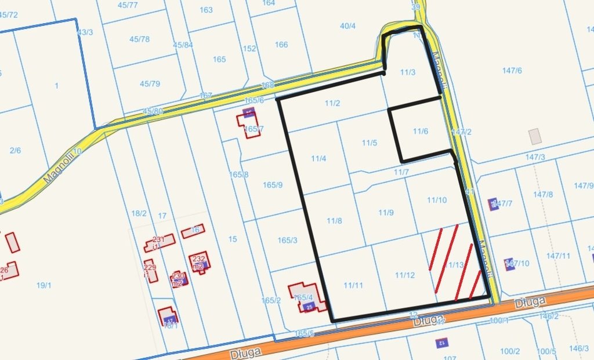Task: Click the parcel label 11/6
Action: [421, 132]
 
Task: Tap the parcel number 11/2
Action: [332, 104]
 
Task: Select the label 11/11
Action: [353, 285]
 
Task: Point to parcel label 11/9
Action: [386, 213]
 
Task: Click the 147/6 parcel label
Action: [512, 71]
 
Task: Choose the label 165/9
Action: [272, 186]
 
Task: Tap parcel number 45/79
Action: [150, 84]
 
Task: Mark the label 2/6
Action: [15, 151]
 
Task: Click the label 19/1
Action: [44, 285]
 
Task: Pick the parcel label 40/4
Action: [347, 26]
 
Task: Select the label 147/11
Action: [559, 256]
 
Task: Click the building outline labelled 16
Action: [193, 231]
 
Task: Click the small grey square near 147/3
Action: [535, 136]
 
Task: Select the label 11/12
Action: [405, 275]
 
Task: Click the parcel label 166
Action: [281, 45]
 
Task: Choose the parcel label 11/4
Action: [318, 159]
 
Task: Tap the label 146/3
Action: [578, 348]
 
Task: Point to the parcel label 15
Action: [233, 239]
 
